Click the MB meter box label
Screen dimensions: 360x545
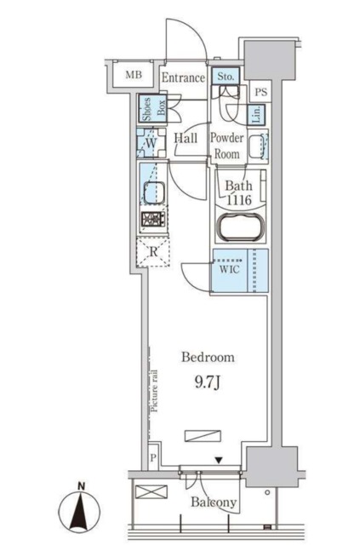pyautogui.click(x=134, y=74)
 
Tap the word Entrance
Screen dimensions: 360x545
pyautogui.click(x=183, y=77)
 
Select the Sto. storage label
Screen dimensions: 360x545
pyautogui.click(x=226, y=76)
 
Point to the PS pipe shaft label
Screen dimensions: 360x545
pyautogui.click(x=261, y=92)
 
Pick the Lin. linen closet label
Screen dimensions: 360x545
pyautogui.click(x=257, y=115)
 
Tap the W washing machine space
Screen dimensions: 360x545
pyautogui.click(x=151, y=143)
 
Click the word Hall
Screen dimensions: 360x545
pyautogui.click(x=186, y=138)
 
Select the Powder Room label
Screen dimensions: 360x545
pyautogui.click(x=226, y=146)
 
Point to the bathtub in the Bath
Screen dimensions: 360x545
pyautogui.click(x=240, y=227)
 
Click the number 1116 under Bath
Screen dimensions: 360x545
pyautogui.click(x=239, y=200)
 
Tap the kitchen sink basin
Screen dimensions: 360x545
pyautogui.click(x=154, y=193)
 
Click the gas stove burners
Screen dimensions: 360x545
pyautogui.click(x=153, y=220)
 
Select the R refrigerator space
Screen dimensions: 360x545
pyautogui.click(x=153, y=252)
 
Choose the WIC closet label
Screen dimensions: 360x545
pyautogui.click(x=229, y=269)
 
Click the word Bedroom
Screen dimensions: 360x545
pyautogui.click(x=208, y=358)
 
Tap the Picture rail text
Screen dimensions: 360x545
pyautogui.click(x=154, y=391)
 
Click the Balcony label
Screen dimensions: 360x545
pyautogui.click(x=214, y=502)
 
